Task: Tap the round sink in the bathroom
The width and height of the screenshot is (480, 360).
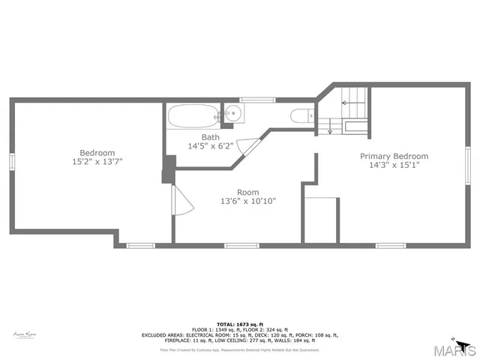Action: [233, 115]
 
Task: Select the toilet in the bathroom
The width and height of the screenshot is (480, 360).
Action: [300, 115]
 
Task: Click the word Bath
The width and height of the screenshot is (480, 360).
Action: [210, 137]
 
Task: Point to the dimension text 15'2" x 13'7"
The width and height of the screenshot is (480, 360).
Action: [97, 161]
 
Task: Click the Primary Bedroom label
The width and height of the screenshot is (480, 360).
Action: [394, 156]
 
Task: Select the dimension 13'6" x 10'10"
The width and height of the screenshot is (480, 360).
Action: [248, 201]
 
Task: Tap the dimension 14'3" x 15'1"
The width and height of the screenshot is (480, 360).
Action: [394, 165]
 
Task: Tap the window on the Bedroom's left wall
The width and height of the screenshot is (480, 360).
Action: [11, 163]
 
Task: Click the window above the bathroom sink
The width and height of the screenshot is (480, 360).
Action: [252, 99]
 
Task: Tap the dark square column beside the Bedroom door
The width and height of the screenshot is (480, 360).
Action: [167, 170]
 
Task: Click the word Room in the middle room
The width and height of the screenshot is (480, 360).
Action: [248, 192]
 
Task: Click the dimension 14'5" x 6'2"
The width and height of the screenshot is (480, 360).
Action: [210, 146]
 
